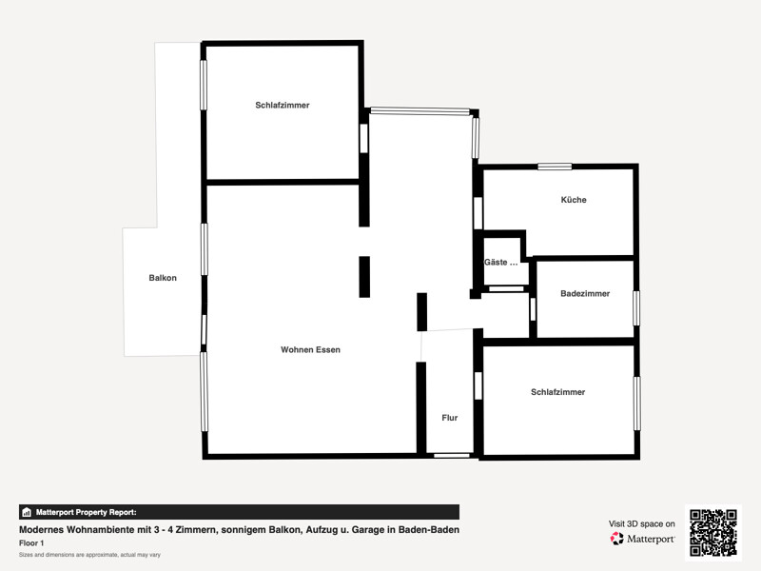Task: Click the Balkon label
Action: tap(163, 278)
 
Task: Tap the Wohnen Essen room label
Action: tap(311, 349)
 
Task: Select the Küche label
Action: tap(574, 200)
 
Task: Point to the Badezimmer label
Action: tap(585, 293)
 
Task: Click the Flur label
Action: tap(450, 418)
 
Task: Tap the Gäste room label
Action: tap(501, 263)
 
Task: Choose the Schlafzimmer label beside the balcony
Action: tap(283, 105)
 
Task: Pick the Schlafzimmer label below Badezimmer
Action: tap(558, 392)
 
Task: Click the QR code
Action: tap(713, 533)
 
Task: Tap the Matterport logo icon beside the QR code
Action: tap(616, 539)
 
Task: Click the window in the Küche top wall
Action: tap(555, 167)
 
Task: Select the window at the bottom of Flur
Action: tap(452, 456)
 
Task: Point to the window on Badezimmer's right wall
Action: tap(636, 308)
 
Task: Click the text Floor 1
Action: tap(31, 543)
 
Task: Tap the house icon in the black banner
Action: tap(27, 512)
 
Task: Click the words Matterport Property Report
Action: tap(87, 512)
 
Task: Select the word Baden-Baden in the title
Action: tap(429, 530)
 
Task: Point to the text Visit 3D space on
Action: tap(641, 524)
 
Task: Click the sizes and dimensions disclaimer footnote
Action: tap(89, 555)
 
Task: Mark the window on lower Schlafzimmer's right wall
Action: tap(636, 404)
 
